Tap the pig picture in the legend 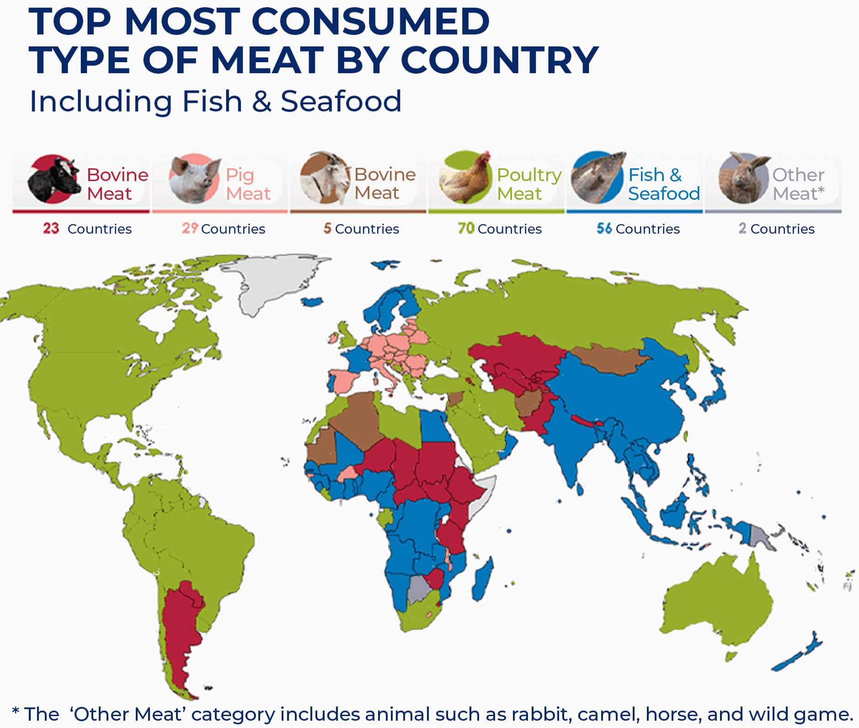click(x=194, y=179)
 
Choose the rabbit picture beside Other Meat click(x=743, y=178)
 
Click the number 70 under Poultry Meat click(x=466, y=228)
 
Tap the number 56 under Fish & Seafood click(x=604, y=228)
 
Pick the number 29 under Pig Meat click(x=190, y=228)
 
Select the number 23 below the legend click(x=51, y=228)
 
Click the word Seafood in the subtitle click(x=341, y=101)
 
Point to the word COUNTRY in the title click(x=500, y=60)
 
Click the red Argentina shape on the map click(x=181, y=636)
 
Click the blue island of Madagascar click(x=482, y=578)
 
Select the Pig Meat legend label click(x=248, y=184)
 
